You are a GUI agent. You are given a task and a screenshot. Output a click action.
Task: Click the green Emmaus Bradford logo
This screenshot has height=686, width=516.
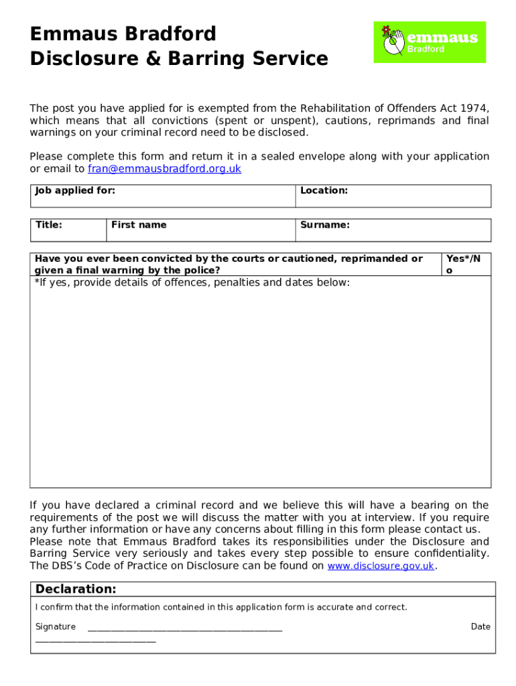click(430, 42)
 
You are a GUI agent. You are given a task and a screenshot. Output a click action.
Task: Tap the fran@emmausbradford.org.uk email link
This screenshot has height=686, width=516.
click(164, 169)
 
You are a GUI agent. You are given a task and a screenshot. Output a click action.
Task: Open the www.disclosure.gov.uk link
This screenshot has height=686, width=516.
click(381, 566)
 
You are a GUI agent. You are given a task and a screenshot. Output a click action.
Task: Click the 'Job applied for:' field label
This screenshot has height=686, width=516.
click(75, 191)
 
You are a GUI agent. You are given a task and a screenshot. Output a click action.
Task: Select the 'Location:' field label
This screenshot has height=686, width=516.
click(324, 191)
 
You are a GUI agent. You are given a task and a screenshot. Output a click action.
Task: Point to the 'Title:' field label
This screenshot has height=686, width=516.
click(48, 225)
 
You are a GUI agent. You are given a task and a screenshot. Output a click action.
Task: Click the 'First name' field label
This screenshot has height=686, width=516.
click(139, 225)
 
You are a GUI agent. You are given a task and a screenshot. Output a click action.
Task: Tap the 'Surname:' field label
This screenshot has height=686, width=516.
click(325, 225)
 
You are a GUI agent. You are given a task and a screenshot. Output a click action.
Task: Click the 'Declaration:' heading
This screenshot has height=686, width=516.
click(76, 590)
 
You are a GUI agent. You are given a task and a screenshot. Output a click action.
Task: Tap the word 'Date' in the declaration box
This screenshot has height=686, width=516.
click(480, 627)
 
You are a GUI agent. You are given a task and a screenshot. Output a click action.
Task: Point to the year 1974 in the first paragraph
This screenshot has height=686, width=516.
click(475, 109)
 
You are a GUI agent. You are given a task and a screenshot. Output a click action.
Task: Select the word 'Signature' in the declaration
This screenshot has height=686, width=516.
click(56, 627)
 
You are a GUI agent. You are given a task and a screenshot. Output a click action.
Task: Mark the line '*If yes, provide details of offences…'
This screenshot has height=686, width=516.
click(192, 283)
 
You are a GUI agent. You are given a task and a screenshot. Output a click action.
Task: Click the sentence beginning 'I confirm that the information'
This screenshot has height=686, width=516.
click(220, 608)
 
